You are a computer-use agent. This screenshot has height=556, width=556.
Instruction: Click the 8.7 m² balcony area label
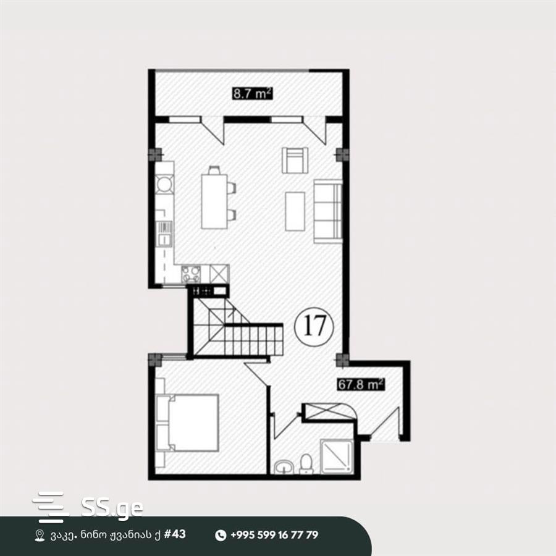(253, 94)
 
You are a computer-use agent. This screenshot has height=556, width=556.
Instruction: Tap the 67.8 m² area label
(360, 384)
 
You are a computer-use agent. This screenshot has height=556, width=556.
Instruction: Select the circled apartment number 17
(314, 326)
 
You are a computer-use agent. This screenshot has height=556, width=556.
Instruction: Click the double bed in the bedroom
(187, 423)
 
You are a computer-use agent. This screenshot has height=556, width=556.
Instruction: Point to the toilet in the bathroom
(306, 463)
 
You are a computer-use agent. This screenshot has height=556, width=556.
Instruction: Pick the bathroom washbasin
(284, 466)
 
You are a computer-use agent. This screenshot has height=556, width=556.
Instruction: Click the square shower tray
(337, 457)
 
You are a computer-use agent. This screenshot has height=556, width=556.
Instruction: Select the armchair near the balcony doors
(295, 160)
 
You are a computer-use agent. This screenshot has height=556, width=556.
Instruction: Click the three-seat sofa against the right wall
(328, 211)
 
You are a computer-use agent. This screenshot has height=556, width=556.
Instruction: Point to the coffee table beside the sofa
(295, 211)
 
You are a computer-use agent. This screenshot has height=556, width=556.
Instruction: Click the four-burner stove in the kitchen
(191, 274)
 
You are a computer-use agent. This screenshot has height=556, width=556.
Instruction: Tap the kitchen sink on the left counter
(164, 234)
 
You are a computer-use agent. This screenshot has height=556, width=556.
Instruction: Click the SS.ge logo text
(112, 508)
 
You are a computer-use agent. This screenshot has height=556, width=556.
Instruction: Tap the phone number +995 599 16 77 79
(274, 535)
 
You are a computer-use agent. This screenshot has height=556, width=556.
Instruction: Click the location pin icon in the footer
(40, 535)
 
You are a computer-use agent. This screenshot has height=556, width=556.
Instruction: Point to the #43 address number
(174, 534)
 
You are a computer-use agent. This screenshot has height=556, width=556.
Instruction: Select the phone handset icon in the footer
(221, 535)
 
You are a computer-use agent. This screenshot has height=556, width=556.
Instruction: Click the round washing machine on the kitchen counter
(165, 184)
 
